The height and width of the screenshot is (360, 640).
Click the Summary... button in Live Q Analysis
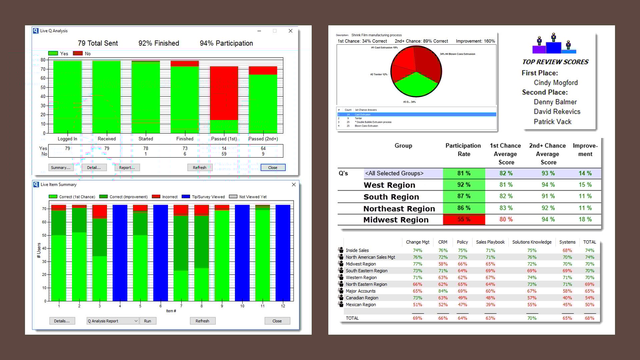(61, 167)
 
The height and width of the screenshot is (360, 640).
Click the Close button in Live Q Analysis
(273, 167)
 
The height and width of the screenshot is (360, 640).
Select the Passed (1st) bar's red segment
(224, 93)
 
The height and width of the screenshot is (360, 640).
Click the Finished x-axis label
(185, 139)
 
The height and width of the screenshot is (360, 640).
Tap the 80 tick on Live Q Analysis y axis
(43, 60)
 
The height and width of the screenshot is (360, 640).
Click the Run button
(147, 321)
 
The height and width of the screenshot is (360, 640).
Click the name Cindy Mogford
(556, 83)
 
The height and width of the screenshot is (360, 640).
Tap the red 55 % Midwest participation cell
(464, 219)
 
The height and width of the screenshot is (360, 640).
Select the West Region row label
(389, 185)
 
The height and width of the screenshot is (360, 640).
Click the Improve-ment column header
(585, 150)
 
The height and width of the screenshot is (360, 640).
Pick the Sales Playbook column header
(490, 242)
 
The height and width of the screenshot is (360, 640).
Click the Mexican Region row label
(361, 304)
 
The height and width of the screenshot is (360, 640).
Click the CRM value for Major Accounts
(443, 291)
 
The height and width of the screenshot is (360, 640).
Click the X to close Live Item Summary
(294, 184)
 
